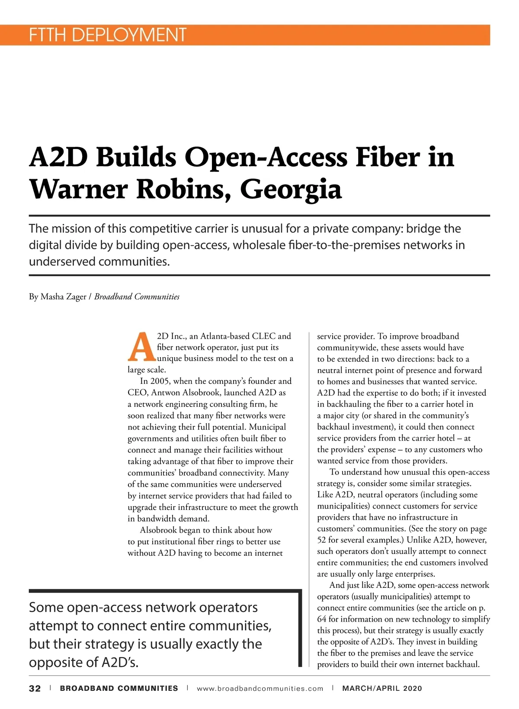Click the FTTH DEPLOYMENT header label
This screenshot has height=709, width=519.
click(x=107, y=35)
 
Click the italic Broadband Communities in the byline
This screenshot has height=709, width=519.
click(x=137, y=296)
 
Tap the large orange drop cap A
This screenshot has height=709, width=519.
click(x=141, y=347)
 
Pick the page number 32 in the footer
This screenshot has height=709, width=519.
click(x=35, y=689)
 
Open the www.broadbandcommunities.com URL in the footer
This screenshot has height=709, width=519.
click(x=259, y=689)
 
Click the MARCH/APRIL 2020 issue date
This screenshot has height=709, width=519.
click(x=382, y=689)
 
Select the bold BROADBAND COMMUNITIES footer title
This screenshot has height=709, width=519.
click(x=119, y=689)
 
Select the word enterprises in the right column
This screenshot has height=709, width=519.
click(x=413, y=574)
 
